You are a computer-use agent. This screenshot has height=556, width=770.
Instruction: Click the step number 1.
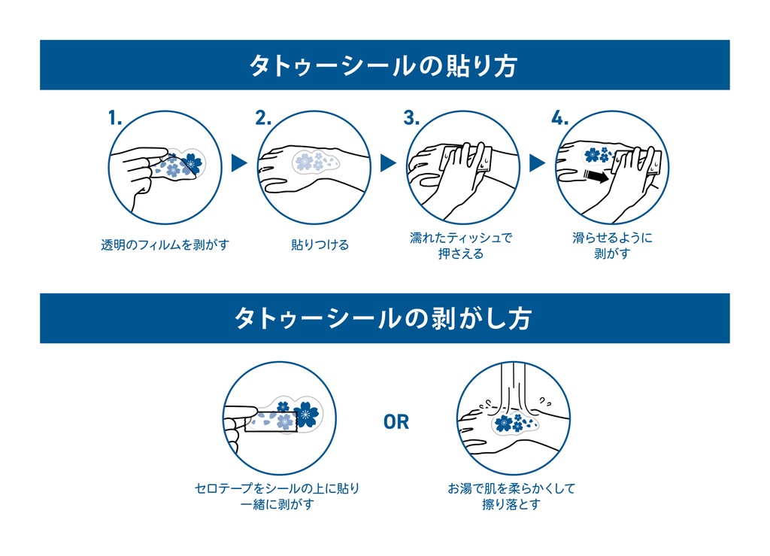(x=115, y=118)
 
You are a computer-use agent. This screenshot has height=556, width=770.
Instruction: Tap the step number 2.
(x=263, y=118)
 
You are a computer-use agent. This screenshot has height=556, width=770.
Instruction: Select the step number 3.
(x=411, y=118)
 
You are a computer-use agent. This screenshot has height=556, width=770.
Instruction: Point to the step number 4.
(x=560, y=118)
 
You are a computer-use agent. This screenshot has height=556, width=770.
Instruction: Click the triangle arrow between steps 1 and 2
(x=238, y=163)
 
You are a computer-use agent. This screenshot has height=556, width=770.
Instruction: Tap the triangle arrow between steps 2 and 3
(x=388, y=163)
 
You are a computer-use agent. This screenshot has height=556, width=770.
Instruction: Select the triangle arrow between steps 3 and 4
(x=537, y=163)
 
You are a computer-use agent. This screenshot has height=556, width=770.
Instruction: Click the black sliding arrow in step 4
(x=596, y=176)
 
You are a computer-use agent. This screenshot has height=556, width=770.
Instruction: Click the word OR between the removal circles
(x=396, y=422)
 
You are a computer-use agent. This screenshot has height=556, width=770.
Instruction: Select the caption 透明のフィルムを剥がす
(x=165, y=245)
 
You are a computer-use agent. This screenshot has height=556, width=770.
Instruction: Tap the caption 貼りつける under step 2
(x=320, y=245)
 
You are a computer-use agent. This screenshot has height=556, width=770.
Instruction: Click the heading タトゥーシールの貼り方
(x=383, y=65)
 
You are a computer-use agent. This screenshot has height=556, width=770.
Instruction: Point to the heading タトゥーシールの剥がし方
(x=383, y=318)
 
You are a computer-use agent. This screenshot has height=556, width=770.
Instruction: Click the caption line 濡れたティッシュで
(x=461, y=238)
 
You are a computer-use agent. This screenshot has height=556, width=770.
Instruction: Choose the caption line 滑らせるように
(x=612, y=238)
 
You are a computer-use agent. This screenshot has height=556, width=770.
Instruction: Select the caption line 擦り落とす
(x=511, y=504)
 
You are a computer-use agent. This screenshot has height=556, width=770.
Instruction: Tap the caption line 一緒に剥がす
(x=277, y=504)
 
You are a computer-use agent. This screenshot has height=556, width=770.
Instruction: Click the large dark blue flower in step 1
(x=192, y=163)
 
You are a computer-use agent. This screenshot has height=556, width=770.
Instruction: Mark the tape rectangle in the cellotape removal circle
(x=271, y=421)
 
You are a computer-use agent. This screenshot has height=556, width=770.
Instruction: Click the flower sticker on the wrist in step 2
(x=315, y=162)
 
